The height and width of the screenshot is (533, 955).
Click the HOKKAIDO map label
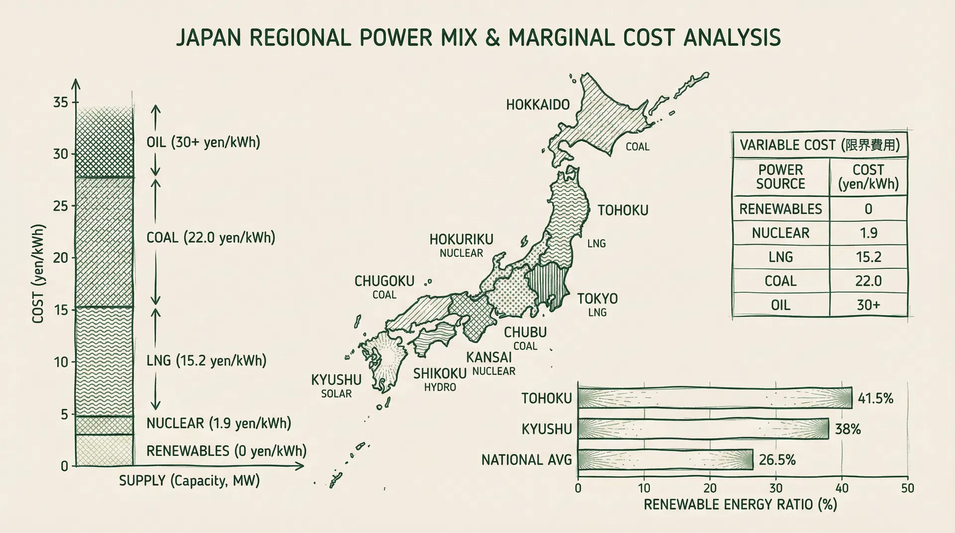(x=538, y=105)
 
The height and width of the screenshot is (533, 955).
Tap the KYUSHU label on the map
(x=336, y=380)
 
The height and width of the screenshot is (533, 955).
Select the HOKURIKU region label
(x=461, y=240)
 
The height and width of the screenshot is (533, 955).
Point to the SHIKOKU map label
(x=440, y=373)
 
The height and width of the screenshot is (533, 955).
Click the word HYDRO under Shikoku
(x=440, y=387)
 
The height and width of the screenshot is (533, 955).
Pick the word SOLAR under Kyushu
(x=336, y=394)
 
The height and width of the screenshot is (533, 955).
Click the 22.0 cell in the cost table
(x=868, y=281)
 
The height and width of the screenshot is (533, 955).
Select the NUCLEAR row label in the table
(x=780, y=233)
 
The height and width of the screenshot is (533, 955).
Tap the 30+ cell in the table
(x=868, y=305)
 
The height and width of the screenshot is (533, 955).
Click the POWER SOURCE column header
(x=780, y=177)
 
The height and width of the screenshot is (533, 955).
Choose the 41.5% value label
(x=875, y=398)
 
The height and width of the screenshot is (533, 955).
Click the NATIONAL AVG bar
(x=666, y=459)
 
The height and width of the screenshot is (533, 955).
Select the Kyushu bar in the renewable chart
(x=703, y=429)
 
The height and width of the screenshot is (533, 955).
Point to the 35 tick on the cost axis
(x=61, y=102)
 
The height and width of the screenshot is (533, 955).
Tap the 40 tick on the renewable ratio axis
(x=842, y=488)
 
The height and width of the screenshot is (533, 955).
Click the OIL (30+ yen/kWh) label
(x=203, y=142)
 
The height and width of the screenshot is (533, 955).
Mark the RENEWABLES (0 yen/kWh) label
(x=226, y=451)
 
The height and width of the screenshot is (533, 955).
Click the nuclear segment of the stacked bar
(x=104, y=425)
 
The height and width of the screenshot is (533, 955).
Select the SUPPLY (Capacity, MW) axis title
(x=189, y=481)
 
